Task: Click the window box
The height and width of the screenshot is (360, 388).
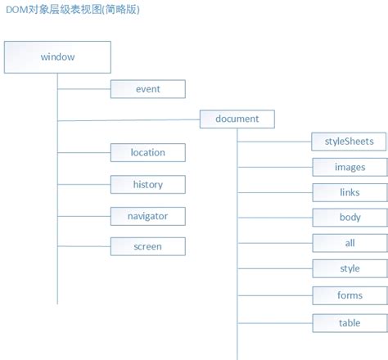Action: pyautogui.click(x=57, y=57)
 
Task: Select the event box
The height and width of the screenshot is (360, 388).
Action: pyautogui.click(x=148, y=89)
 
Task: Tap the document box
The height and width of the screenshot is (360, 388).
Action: pyautogui.click(x=237, y=119)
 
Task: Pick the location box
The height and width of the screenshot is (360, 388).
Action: pyautogui.click(x=148, y=152)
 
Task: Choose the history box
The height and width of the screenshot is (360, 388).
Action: pyautogui.click(x=148, y=184)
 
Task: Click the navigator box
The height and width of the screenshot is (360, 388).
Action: pyautogui.click(x=148, y=216)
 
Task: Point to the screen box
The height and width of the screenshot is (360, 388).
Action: pyautogui.click(x=148, y=245)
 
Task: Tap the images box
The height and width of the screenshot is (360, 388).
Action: pyautogui.click(x=350, y=167)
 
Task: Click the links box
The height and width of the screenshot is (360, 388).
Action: pyautogui.click(x=350, y=192)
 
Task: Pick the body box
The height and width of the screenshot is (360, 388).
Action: pyautogui.click(x=350, y=218)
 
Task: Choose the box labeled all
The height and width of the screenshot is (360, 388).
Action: pyautogui.click(x=350, y=243)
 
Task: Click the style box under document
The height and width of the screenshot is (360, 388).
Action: pyautogui.click(x=350, y=268)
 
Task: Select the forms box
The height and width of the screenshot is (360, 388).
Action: pyautogui.click(x=350, y=295)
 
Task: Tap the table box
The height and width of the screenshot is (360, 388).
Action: pyautogui.click(x=350, y=322)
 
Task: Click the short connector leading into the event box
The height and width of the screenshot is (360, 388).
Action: pyautogui.click(x=83, y=89)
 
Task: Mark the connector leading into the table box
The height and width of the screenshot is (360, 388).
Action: pyautogui.click(x=274, y=322)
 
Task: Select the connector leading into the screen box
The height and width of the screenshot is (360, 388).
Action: pyautogui.click(x=83, y=245)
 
